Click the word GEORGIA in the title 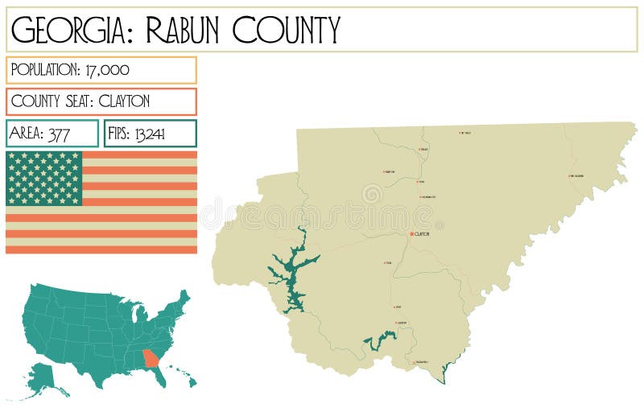tap(64, 30)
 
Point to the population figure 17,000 tap(107, 69)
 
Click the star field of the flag tap(44, 178)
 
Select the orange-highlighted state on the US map tap(150, 359)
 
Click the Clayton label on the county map tap(423, 234)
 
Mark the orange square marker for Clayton tap(411, 234)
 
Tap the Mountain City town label tap(428, 197)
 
